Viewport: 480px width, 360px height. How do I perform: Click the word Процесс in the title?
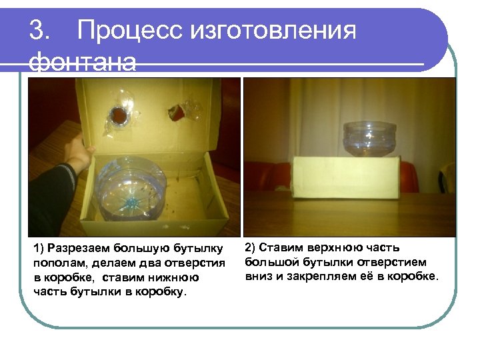130,30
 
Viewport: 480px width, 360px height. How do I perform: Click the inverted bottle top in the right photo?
369,139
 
